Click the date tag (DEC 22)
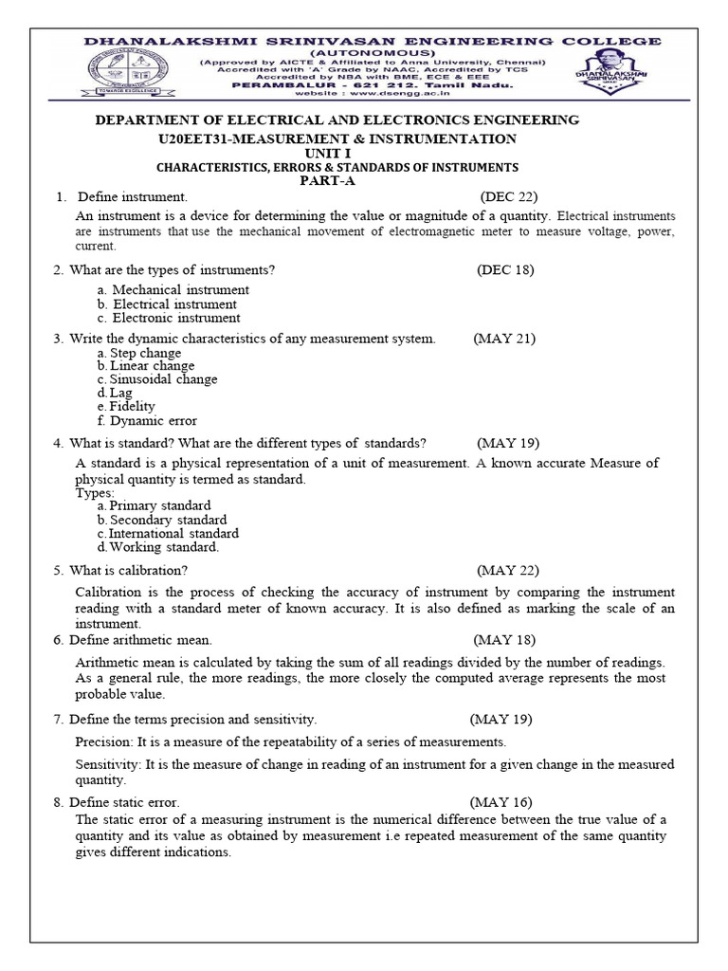click(509, 197)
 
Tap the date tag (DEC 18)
click(506, 270)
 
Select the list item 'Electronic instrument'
click(176, 319)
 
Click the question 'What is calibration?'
click(129, 570)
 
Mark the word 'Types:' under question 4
click(95, 493)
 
